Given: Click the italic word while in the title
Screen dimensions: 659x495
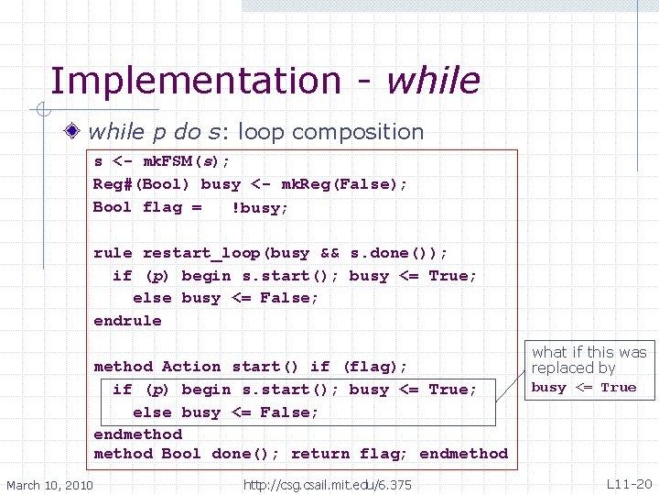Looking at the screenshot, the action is [432, 81].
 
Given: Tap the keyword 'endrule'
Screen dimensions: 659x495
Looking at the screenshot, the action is [127, 321].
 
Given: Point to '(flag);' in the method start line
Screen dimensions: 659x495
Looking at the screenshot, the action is [374, 367].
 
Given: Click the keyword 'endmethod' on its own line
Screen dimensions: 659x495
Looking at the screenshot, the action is [138, 434].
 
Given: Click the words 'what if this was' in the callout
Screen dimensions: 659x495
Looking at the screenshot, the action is [589, 352].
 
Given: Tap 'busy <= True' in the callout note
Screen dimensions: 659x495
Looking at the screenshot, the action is [583, 388].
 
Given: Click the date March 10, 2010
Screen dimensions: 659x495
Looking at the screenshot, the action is [49, 484].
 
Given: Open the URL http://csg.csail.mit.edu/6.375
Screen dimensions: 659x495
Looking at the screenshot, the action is [327, 484].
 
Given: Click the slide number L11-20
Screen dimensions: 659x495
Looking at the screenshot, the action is [629, 483].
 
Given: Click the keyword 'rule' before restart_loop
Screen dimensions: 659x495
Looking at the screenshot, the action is [113, 253].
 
